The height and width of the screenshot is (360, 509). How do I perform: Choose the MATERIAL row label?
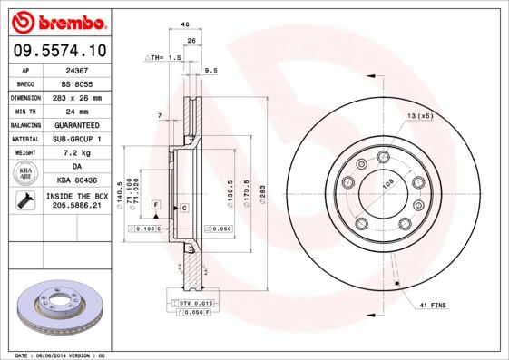tap(26, 140)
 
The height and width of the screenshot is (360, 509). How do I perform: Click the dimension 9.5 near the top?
tap(210, 70)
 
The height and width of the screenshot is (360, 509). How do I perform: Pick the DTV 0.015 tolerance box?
tap(193, 302)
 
